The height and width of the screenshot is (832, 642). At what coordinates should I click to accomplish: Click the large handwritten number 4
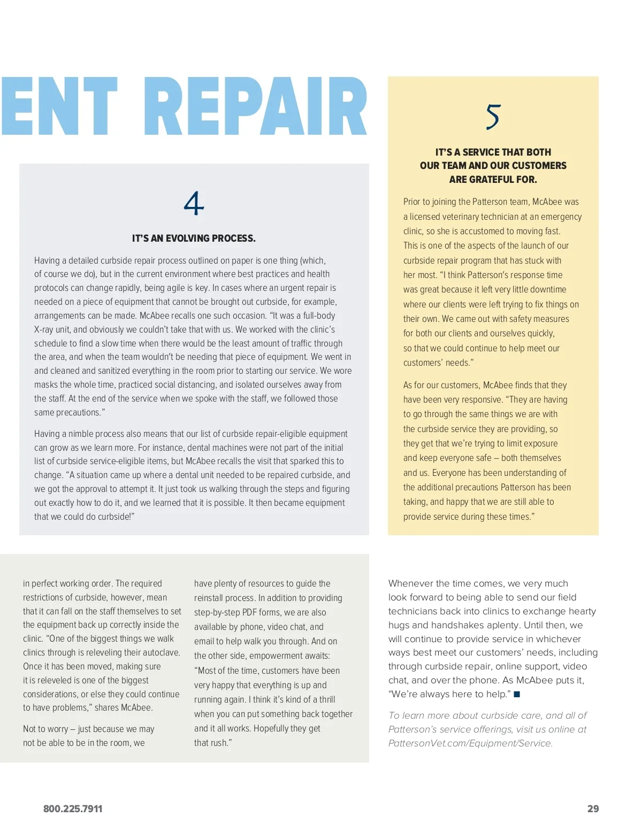[x=194, y=204]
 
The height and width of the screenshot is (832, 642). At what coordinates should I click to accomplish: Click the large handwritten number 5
[x=493, y=117]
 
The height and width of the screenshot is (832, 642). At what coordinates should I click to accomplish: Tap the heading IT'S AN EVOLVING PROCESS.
[x=194, y=238]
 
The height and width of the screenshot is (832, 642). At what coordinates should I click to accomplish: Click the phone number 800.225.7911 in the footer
[x=73, y=809]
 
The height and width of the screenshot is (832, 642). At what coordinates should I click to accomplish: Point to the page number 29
[x=593, y=809]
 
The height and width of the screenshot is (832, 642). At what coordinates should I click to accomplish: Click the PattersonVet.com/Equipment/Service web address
[x=470, y=743]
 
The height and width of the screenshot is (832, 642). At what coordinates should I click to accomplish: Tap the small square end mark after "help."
[x=517, y=695]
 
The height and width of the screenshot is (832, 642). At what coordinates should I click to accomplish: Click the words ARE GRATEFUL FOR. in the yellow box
[x=493, y=180]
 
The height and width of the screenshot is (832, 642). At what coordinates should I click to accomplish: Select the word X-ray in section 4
[x=45, y=330]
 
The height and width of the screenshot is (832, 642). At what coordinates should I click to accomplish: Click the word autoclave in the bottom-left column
[x=162, y=652]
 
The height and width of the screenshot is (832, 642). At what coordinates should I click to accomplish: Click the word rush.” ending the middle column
[x=220, y=743]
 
